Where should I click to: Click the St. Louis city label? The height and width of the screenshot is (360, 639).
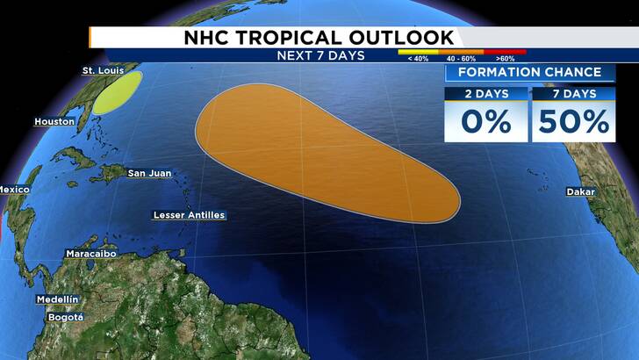[101, 70]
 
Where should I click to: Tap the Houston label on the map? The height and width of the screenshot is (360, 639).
[54, 122]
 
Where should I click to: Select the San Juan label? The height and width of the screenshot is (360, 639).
[149, 173]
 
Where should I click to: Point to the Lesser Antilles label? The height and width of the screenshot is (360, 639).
[189, 215]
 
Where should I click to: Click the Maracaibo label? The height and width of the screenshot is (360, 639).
[94, 254]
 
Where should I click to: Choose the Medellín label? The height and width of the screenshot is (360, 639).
[57, 299]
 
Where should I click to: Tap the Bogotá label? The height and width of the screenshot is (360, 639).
[65, 317]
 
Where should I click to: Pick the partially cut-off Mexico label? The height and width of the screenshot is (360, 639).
[14, 191]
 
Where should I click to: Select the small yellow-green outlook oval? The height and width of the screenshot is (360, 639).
[117, 92]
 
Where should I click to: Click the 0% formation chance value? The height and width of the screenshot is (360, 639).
[485, 121]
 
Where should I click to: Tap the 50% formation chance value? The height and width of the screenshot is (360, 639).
[574, 121]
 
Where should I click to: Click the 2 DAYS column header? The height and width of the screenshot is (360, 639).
[485, 94]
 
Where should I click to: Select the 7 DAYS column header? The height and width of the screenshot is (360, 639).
[573, 94]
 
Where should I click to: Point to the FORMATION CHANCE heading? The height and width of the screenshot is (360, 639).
[528, 72]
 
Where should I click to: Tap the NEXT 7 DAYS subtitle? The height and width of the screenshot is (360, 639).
[319, 55]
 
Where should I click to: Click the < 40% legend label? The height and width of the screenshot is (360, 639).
[413, 59]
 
